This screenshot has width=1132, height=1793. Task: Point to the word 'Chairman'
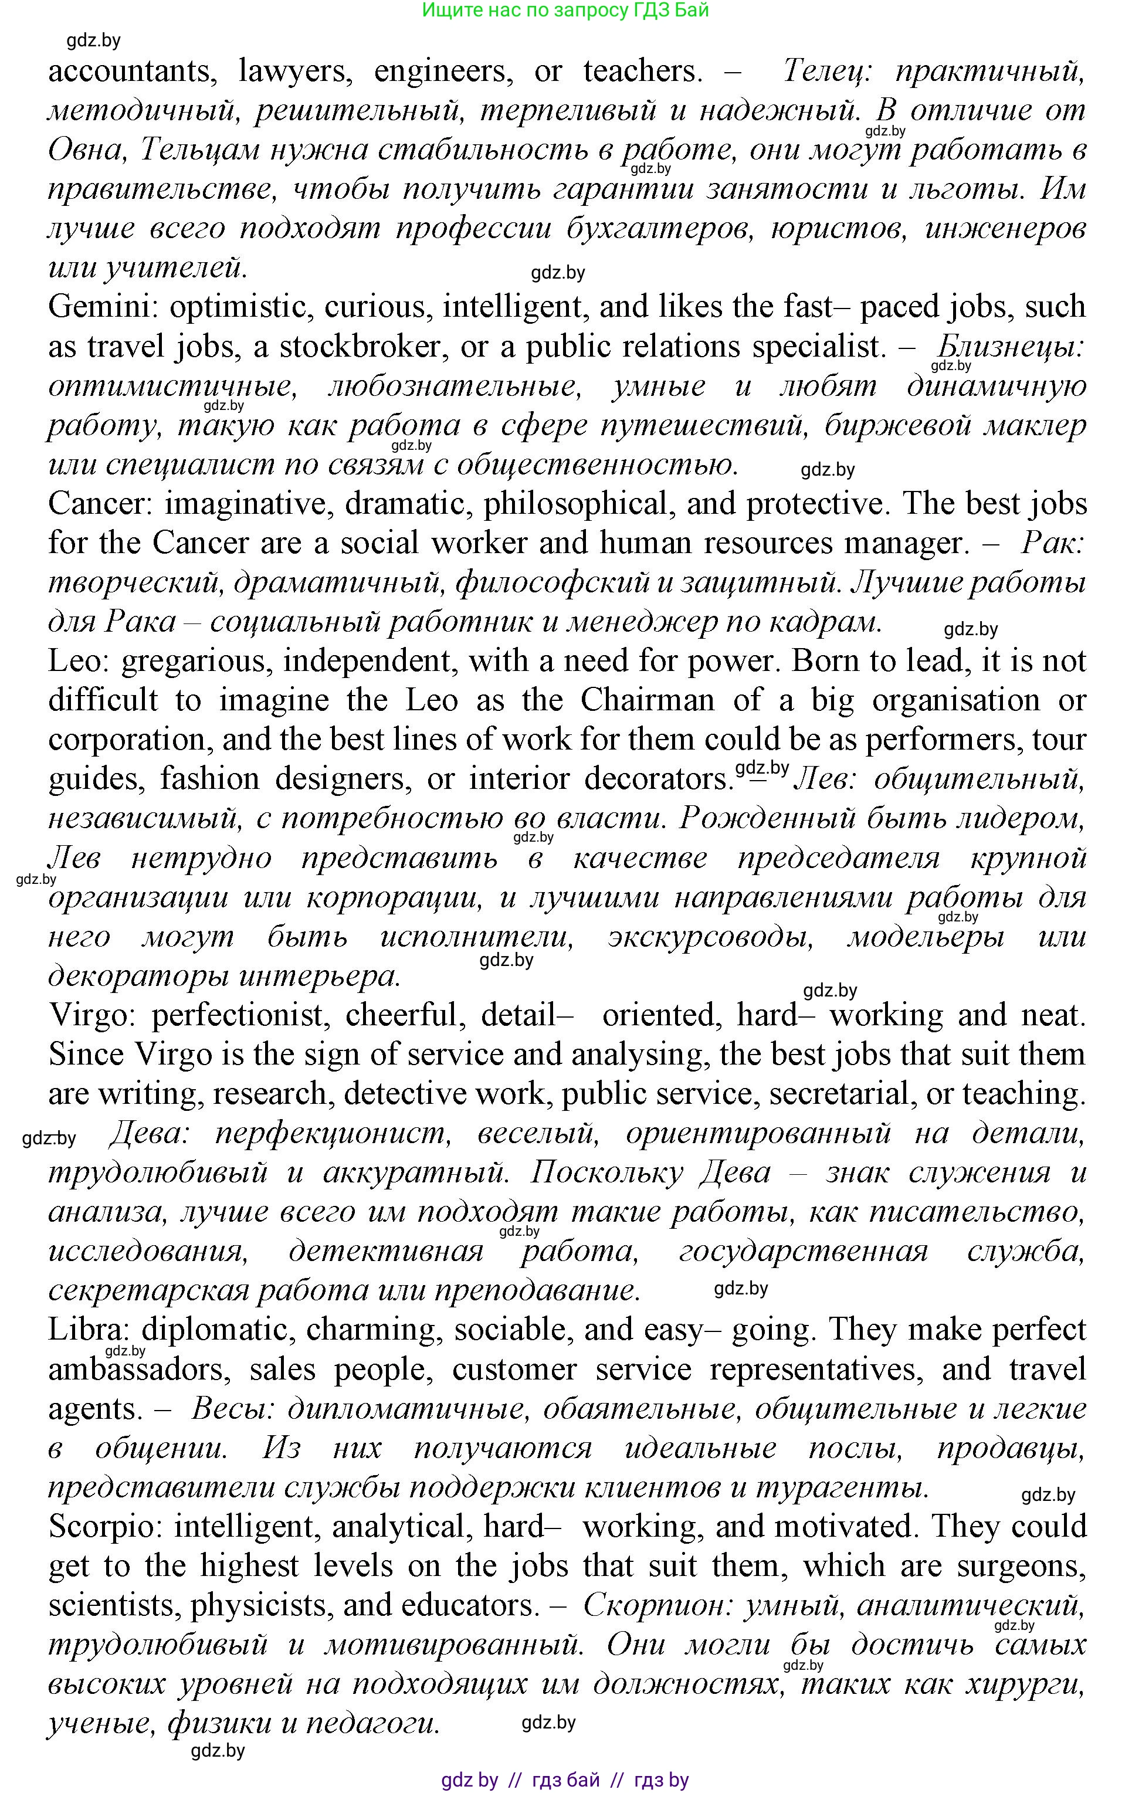[x=646, y=700]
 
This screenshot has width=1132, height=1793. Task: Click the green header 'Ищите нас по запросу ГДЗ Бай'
[x=565, y=11]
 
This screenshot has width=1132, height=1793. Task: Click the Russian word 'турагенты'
[x=842, y=1487]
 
